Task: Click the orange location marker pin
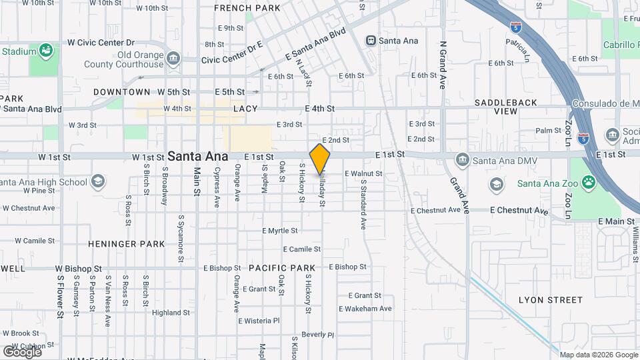320,159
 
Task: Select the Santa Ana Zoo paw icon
588,182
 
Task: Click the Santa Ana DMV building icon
462,160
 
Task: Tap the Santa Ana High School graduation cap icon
98,182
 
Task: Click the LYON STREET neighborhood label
551,300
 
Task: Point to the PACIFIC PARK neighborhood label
281,268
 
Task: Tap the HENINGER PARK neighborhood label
126,244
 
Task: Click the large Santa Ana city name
197,156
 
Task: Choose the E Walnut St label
363,173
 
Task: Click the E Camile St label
302,249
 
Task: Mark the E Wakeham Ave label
365,309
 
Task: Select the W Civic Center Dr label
101,42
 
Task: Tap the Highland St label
171,313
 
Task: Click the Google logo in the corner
22,351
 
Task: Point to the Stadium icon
45,50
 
